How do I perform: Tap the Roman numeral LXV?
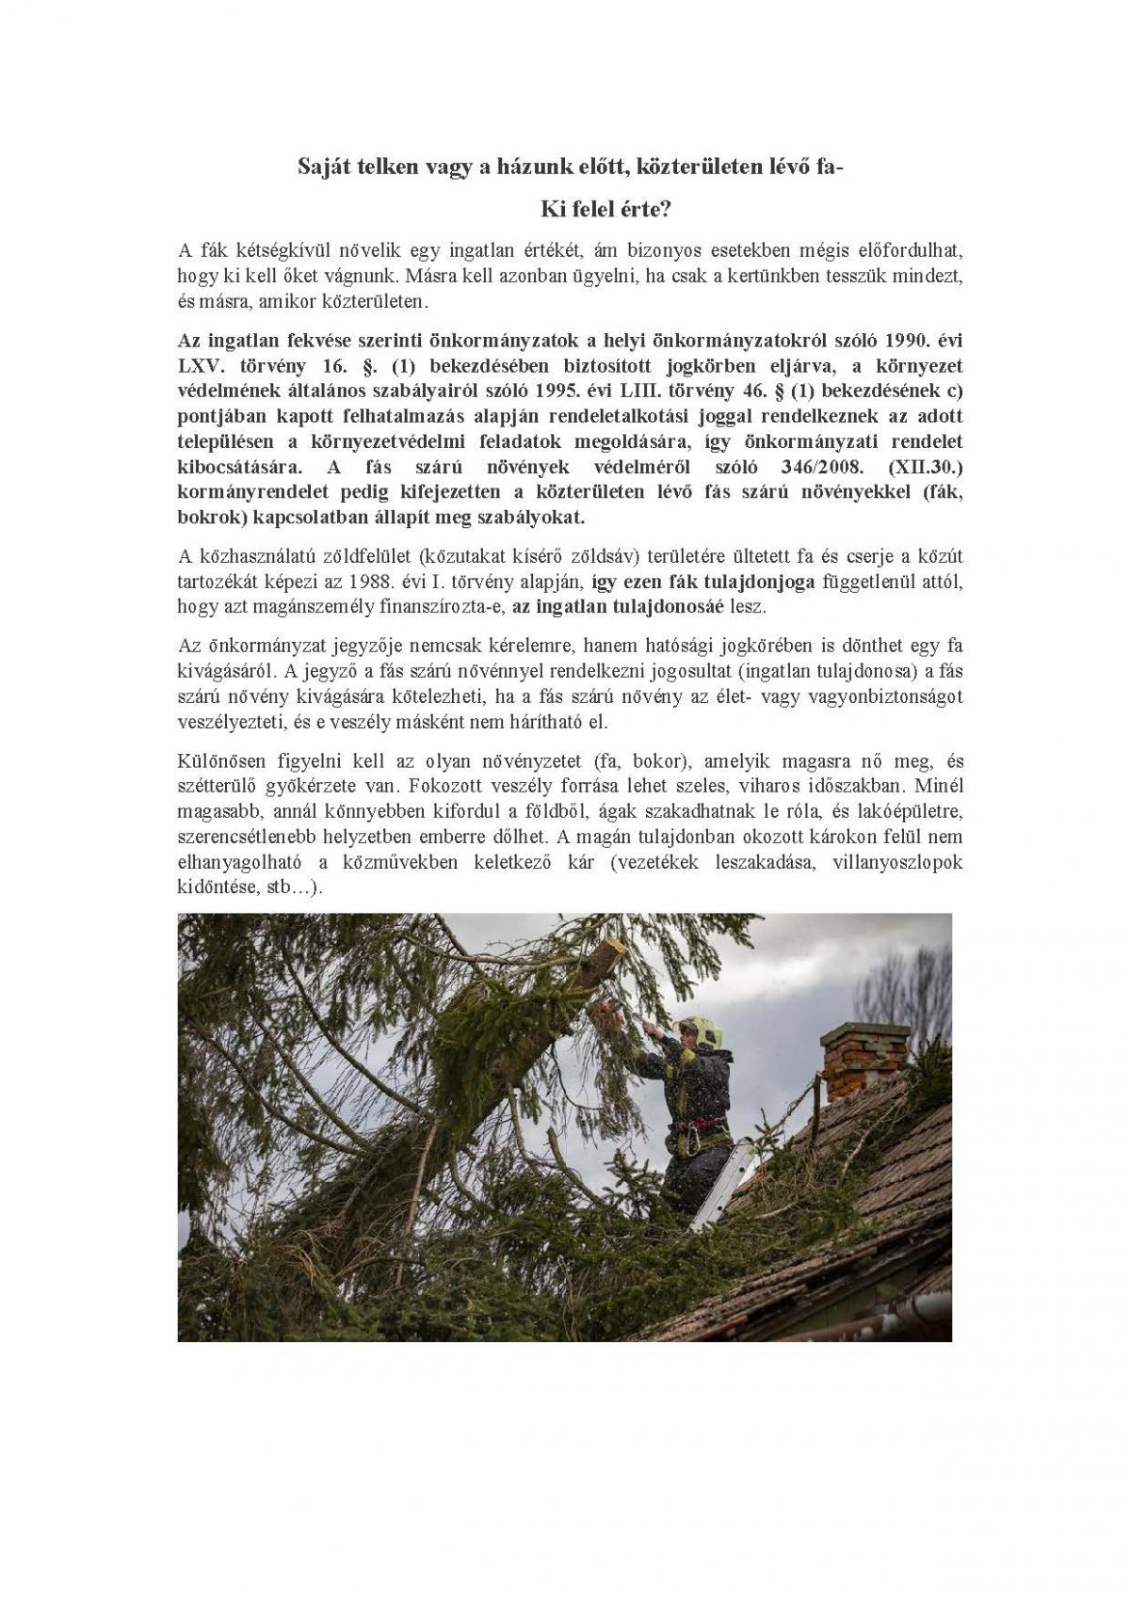click(201, 365)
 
